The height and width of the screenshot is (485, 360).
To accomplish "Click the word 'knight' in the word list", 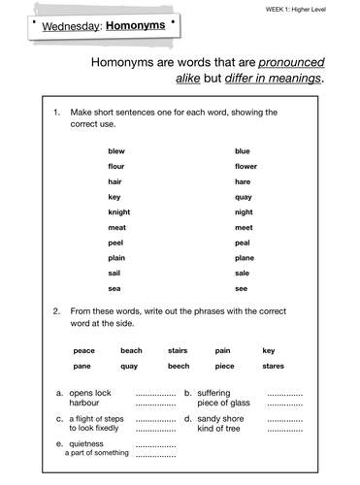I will pos(118,211).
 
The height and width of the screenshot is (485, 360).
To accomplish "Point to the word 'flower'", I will pos(245,166).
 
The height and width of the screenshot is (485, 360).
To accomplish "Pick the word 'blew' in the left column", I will pos(116,151).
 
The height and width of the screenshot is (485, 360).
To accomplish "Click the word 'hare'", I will pos(243,181).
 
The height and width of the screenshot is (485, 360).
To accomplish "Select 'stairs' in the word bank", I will pos(178,350).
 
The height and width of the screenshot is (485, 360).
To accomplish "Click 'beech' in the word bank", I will pos(179,366).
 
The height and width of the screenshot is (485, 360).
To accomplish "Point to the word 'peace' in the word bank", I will pos(83,350).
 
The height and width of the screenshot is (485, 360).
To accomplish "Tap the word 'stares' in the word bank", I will pos(273,366).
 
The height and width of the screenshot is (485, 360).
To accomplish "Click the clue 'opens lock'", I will pos(90,393).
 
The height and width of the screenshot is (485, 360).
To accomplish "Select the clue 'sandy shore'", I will pos(220,418).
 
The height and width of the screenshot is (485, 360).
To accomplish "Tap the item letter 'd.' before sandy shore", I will pos(187,418).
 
